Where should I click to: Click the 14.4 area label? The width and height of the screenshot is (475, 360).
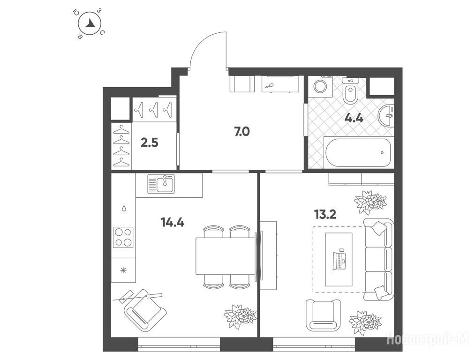click(x=173, y=223)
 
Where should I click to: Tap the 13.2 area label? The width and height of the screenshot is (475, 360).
click(x=325, y=215)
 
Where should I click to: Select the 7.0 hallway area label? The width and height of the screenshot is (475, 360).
click(x=242, y=132)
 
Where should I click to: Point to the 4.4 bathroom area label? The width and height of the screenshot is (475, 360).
click(x=354, y=118)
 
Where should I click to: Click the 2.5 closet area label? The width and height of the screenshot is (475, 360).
click(x=150, y=142)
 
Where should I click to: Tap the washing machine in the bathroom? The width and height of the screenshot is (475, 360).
click(x=320, y=87)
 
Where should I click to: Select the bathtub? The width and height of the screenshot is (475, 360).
click(x=359, y=152)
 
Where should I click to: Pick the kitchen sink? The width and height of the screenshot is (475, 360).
click(x=161, y=184)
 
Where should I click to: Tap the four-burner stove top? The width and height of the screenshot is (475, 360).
click(x=123, y=237)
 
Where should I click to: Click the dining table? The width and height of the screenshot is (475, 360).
click(x=226, y=256)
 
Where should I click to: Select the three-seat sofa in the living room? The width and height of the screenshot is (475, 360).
click(x=379, y=260)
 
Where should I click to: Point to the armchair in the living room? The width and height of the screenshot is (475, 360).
click(x=323, y=315)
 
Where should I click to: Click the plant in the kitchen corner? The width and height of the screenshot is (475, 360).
click(x=240, y=316)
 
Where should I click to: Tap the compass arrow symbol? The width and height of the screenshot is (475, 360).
click(x=90, y=23)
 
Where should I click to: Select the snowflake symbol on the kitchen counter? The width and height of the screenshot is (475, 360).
click(x=123, y=270)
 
